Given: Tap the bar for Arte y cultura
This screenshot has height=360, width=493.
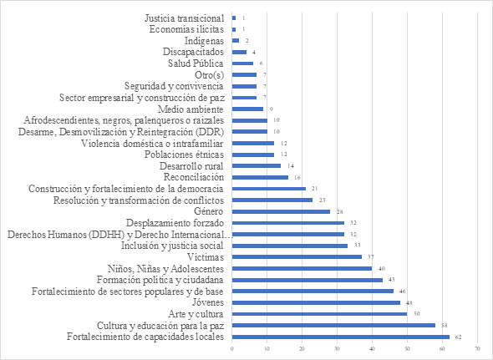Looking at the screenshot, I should pos(319,313).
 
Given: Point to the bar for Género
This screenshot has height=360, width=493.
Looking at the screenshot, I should pos(281,211).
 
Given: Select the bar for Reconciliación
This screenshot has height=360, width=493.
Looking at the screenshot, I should pos(260,177).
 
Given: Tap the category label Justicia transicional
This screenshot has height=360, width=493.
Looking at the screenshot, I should pos(184,18).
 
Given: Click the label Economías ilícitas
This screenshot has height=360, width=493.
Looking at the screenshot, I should pos(187,29).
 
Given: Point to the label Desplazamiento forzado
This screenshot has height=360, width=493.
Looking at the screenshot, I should pos(175,223).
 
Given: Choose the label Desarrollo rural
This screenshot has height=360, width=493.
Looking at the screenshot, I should pos(193,166).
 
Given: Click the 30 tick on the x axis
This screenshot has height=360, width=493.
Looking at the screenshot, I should pos(337,348).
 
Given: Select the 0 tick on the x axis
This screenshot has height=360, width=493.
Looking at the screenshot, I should pos(231,348).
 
